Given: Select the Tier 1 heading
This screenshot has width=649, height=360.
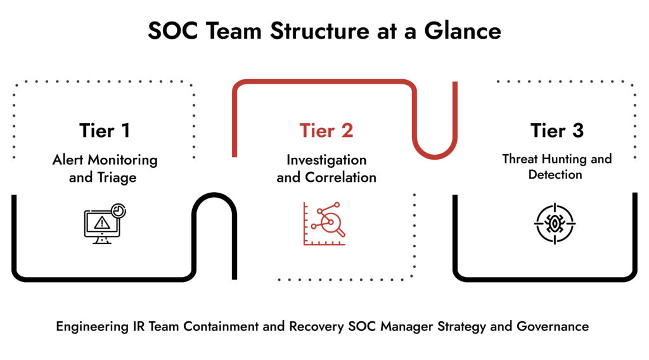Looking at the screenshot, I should [105, 131].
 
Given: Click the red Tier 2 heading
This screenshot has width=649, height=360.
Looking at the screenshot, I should [326, 131].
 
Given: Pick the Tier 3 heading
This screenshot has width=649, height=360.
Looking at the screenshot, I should [556, 131].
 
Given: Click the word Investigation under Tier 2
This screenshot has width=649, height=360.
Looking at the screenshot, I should [326, 160].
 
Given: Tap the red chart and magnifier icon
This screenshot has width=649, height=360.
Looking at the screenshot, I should [324, 224].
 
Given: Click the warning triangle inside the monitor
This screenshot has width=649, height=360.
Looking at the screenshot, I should [101, 222].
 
